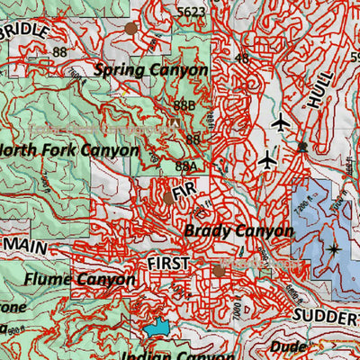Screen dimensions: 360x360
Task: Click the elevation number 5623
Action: click(x=191, y=12)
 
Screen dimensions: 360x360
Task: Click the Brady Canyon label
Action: click(x=238, y=230)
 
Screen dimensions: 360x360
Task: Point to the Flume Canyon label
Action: click(x=79, y=279)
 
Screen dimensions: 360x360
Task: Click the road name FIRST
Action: click(x=168, y=263)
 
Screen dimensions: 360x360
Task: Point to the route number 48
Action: click(x=241, y=58)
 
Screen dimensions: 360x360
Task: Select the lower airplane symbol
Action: click(x=266, y=160)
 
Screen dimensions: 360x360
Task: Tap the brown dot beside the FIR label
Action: click(x=167, y=197)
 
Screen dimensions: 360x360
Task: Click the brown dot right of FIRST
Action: click(x=218, y=270)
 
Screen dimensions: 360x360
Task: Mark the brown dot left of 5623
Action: click(x=131, y=28)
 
